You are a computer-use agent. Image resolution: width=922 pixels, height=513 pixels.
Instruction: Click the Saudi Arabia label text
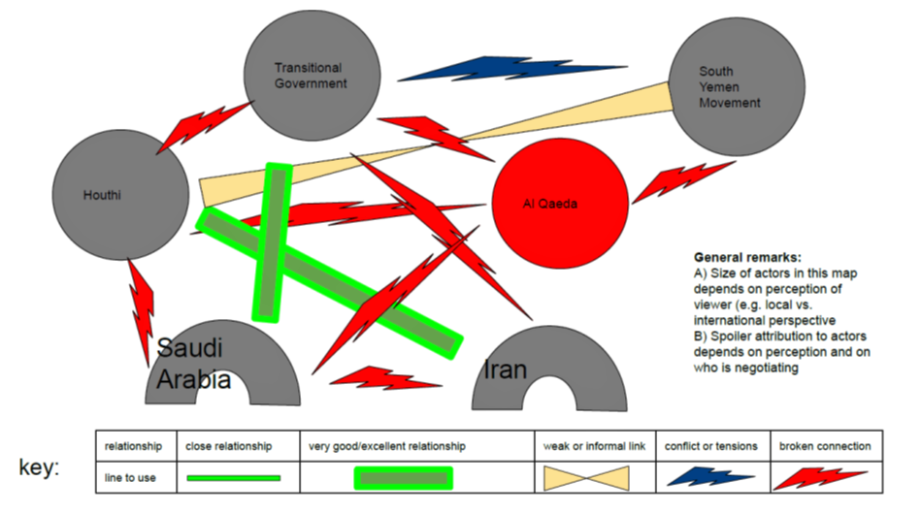pos(194,364)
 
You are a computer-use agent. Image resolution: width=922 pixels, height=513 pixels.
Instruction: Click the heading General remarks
pos(746,258)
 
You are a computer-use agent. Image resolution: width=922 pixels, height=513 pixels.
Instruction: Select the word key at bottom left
pos(40,467)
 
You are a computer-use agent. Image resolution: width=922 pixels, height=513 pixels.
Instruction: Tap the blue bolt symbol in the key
pos(710,477)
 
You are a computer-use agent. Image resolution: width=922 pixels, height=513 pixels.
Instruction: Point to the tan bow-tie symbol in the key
pos(595,477)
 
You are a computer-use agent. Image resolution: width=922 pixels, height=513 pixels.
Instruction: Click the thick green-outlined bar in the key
pos(404,477)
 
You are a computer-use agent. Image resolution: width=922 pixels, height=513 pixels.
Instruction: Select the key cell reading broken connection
pos(825,446)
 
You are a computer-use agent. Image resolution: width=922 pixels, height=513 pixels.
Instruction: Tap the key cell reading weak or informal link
pos(594,446)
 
